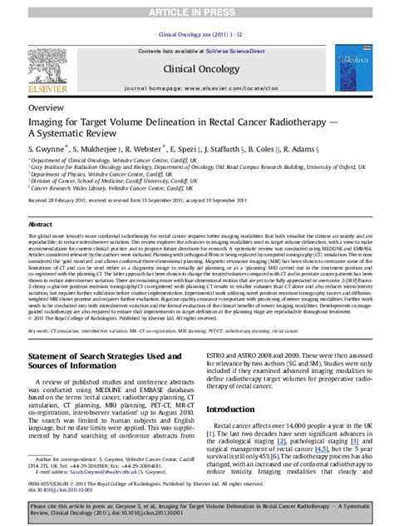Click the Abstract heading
[40, 225]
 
